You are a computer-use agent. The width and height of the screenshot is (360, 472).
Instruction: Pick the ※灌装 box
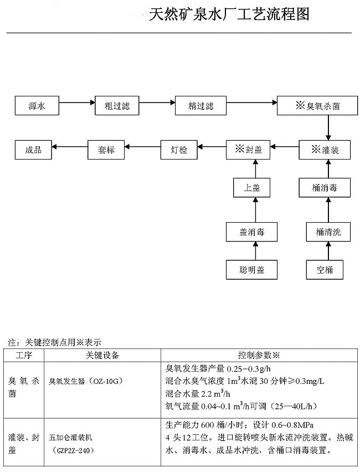coord(326,150)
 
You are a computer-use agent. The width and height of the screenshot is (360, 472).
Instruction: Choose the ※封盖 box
coord(248,150)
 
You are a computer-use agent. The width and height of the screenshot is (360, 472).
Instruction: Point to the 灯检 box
coord(180,150)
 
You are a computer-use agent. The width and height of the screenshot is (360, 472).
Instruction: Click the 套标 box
coord(106,150)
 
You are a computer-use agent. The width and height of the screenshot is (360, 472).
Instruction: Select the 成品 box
coord(33,150)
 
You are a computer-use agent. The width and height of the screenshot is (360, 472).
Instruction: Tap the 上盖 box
coord(252,188)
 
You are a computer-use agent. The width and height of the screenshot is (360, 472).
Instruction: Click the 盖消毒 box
coord(252,232)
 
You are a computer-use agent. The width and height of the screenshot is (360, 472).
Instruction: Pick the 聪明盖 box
coord(252,270)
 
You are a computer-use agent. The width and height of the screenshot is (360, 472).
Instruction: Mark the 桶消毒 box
coord(328,188)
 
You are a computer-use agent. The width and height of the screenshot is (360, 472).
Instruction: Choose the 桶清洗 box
coord(328,232)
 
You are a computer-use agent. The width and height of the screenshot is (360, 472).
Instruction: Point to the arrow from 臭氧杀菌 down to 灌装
coord(328,127)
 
